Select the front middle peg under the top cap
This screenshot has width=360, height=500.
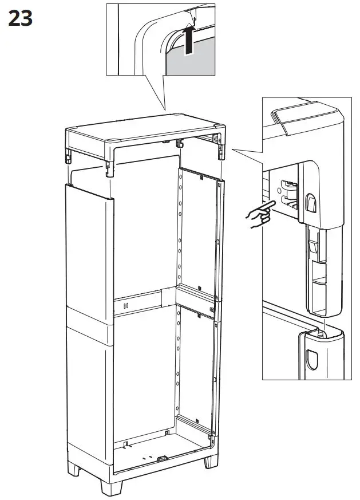coord(109,167)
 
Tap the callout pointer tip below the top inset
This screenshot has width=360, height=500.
coord(165,110)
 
